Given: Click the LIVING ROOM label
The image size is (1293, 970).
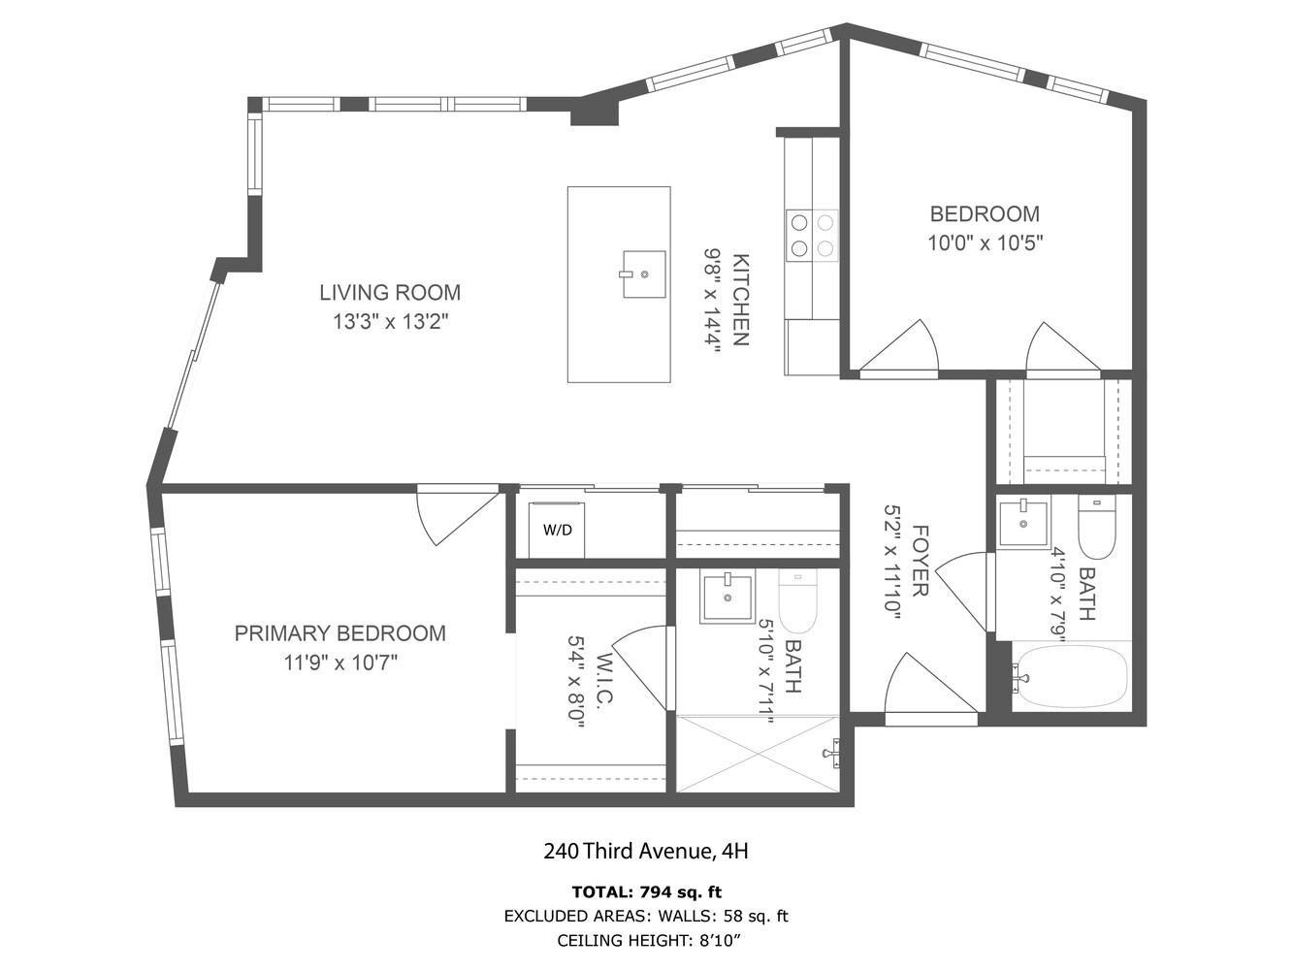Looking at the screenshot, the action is pos(390,293).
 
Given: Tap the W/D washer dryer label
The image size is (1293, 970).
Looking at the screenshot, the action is pos(557,530).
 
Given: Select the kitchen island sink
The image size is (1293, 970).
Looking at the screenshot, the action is pos(644,274).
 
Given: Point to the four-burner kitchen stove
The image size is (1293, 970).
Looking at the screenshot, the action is pos(812,236).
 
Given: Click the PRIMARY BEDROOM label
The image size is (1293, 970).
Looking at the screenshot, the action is pos(339,633).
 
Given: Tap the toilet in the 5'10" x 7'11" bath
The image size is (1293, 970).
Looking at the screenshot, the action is pos(797,600).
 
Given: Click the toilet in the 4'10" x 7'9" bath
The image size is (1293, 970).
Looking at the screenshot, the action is pos(1096,527).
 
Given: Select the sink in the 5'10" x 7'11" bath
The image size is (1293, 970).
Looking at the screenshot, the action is pos(727,596).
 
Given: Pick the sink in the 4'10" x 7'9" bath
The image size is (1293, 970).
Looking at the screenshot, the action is pos(1023,521).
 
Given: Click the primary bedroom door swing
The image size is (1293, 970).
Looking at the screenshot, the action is pos(457,515).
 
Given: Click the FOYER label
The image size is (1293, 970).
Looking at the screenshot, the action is pos(920,560).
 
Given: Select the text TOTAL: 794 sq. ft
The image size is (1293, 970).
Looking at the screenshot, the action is pos(647,892).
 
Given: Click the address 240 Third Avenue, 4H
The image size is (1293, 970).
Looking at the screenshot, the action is pos(646,851).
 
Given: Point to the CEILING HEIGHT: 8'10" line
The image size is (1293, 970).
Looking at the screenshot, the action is pos(648,941).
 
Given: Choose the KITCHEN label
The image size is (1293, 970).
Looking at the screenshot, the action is pos(740,300).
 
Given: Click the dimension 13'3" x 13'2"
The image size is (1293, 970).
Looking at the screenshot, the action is pos(391,322).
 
